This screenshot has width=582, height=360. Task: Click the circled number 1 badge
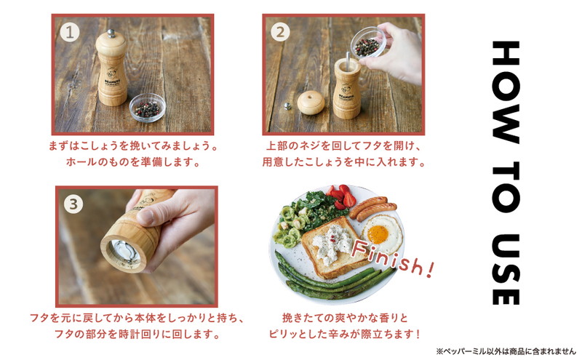pos(70,33)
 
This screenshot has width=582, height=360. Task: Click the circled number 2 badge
pos(280,32)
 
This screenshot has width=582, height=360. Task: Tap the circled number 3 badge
pos(73,204)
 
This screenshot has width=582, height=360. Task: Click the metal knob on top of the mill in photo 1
pos(111,33)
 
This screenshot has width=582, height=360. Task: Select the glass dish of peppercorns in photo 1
pos(148,108)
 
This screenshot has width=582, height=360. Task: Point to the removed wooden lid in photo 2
pos(311,103)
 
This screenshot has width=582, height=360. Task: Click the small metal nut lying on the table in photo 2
pos(287,106)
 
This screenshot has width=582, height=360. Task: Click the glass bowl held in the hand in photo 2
pos(368,43)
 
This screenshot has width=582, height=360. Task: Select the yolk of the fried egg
pos(378,235)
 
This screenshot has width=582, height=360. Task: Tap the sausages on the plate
pos(372,209)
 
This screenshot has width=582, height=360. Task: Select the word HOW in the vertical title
pos(505,92)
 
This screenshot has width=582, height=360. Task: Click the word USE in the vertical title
pos(505,269)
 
